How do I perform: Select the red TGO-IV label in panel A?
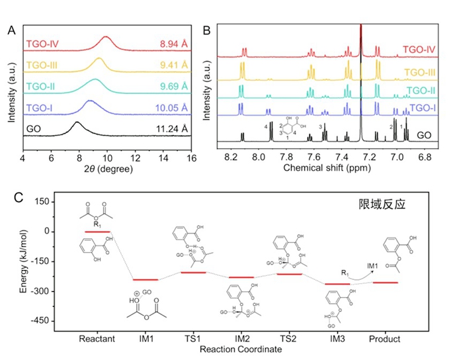click(43, 45)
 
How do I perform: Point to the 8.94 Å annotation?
click(175, 45)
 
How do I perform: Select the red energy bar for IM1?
click(145, 280)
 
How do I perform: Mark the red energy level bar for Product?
click(385, 283)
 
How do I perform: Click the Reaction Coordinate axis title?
click(241, 349)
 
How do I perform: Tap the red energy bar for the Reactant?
click(97, 231)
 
